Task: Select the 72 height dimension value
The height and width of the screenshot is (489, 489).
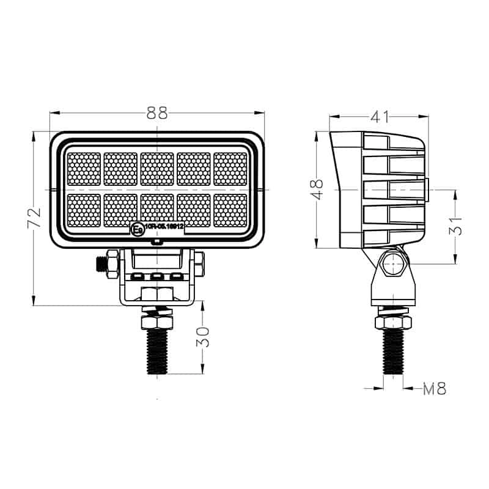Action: pyautogui.click(x=35, y=218)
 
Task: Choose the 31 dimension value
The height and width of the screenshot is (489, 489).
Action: pyautogui.click(x=455, y=227)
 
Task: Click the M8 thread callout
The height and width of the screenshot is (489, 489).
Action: pyautogui.click(x=435, y=388)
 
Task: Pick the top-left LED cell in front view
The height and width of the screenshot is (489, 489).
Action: pyautogui.click(x=84, y=169)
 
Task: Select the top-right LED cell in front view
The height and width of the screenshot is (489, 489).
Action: pyautogui.click(x=230, y=169)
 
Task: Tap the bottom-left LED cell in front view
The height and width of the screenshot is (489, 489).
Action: pyautogui.click(x=84, y=210)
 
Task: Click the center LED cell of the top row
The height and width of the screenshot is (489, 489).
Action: pyautogui.click(x=157, y=169)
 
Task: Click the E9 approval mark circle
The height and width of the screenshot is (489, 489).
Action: pyautogui.click(x=137, y=230)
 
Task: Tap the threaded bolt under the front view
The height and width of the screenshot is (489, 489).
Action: pyautogui.click(x=157, y=352)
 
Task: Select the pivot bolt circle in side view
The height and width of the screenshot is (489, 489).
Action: pyautogui.click(x=393, y=265)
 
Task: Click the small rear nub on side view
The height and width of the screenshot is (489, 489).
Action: pyautogui.click(x=428, y=189)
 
